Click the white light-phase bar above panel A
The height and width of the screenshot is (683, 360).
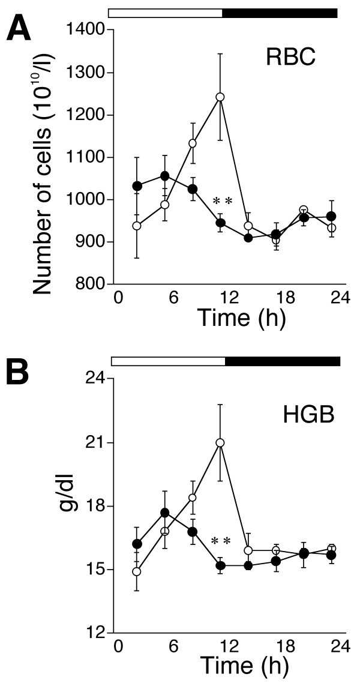(165, 12)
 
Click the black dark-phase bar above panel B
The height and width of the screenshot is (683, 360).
(282, 361)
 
